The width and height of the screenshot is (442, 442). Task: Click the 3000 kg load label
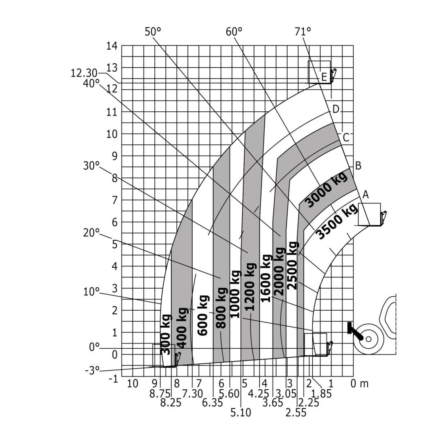click(327, 189)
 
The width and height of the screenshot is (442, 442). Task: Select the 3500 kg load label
click(337, 221)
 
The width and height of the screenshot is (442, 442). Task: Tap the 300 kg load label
click(166, 335)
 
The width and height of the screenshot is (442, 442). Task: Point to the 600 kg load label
click(203, 316)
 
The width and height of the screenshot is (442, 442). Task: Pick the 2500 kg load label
click(292, 266)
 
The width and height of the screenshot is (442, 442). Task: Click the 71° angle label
click(302, 31)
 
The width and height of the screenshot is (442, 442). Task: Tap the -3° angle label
click(92, 371)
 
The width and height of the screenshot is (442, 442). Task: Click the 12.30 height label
click(84, 73)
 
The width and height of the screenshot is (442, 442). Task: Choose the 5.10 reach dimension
click(241, 413)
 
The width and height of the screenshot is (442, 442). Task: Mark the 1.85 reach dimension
click(321, 394)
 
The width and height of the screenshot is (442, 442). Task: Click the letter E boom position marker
click(324, 77)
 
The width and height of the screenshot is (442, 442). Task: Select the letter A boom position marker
click(365, 195)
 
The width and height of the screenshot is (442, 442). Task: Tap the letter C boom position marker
click(346, 138)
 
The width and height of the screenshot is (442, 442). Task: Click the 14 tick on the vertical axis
click(112, 46)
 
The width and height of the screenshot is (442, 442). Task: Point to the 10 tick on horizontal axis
click(132, 384)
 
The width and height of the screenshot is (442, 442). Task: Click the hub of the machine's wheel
click(368, 339)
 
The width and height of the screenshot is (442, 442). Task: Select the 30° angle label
click(91, 166)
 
